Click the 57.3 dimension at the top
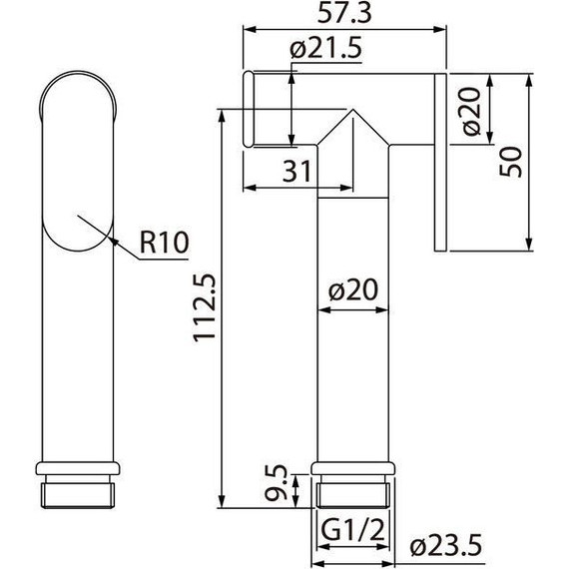339,14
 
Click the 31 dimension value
294,171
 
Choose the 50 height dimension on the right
512,160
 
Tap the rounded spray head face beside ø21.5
251,109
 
